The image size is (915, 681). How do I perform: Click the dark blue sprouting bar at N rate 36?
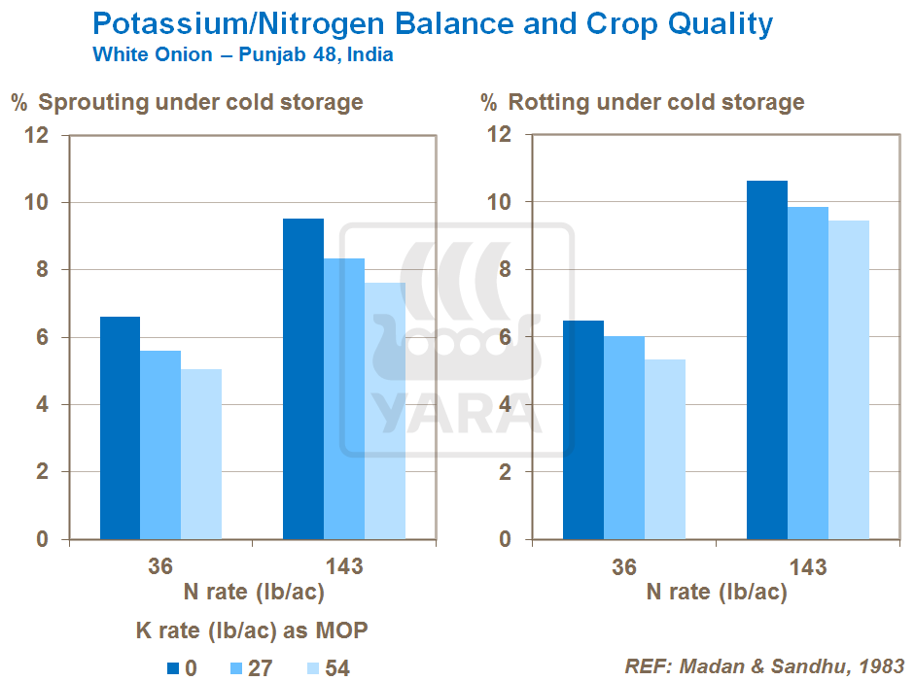tap(120, 427)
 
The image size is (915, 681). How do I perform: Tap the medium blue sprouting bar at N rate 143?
tap(344, 398)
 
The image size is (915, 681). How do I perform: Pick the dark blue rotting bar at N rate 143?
tap(767, 359)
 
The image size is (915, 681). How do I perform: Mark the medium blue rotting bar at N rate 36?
tap(623, 437)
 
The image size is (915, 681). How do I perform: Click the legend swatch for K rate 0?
tap(173, 668)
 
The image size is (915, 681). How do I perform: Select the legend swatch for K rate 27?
tap(236, 668)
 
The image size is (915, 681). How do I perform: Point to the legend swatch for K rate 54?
tap(312, 668)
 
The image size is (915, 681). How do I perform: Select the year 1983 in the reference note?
tap(879, 666)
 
